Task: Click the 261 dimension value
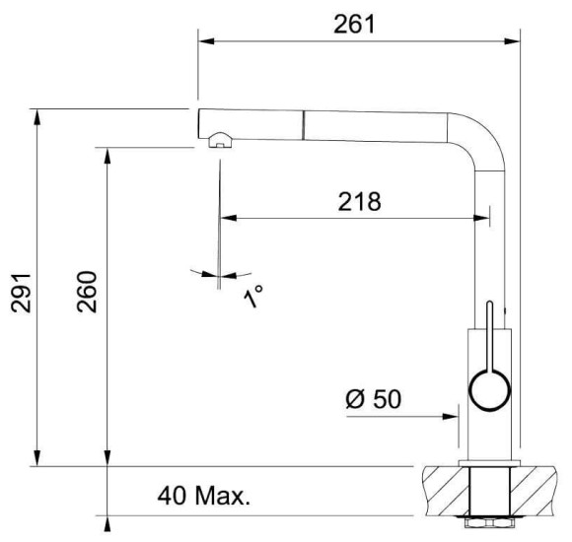pos(354,25)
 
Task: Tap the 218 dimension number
pos(359,201)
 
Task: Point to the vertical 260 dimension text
pos(87,292)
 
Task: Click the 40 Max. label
pos(204,496)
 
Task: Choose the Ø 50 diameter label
pos(373,398)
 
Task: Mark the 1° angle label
pos(252,296)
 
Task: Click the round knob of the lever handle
pos(489,390)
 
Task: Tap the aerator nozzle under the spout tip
pos(220,140)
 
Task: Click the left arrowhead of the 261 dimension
pos(206,40)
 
